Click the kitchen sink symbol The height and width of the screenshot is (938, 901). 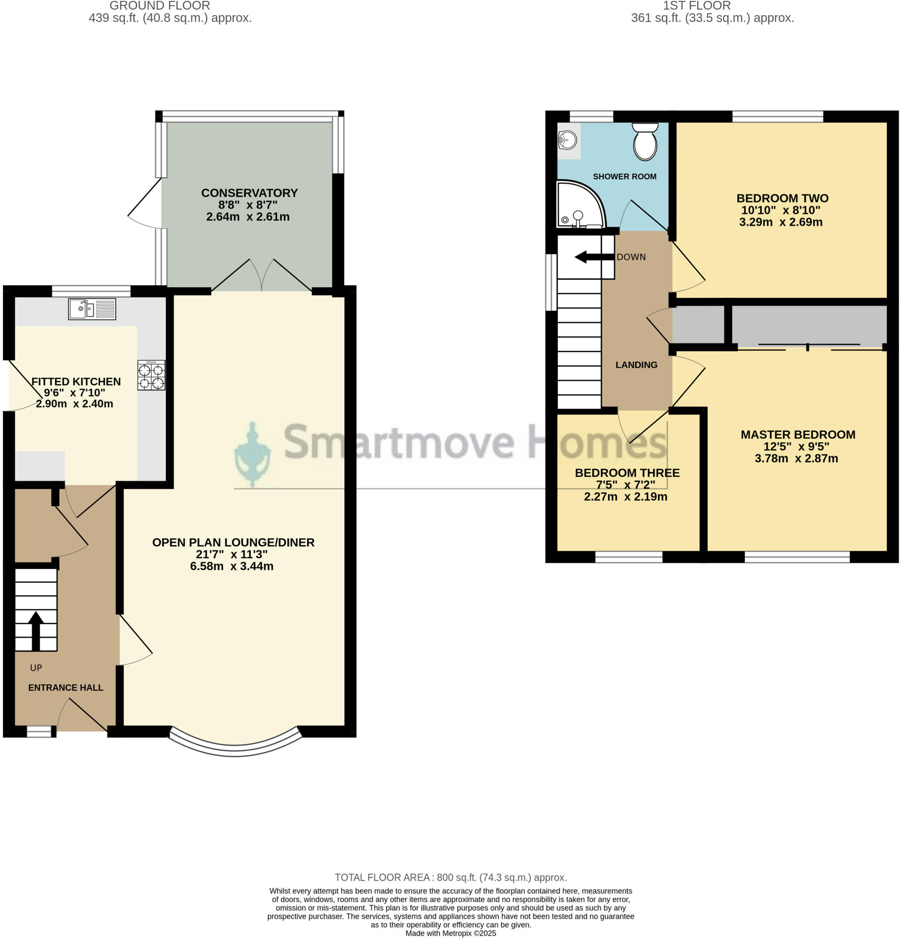point(92,309)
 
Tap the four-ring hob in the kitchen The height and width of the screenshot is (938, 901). point(151,375)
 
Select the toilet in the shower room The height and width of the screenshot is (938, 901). point(645,141)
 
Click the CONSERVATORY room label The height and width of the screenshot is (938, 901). point(249,193)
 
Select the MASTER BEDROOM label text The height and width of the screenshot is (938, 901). point(797,435)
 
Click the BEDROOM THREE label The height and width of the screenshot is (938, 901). point(626,473)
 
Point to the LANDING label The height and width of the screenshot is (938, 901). point(636,365)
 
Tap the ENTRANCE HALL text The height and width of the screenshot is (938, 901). point(66,687)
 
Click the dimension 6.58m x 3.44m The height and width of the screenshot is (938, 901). point(232,566)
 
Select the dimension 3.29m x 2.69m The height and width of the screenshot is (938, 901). point(780,222)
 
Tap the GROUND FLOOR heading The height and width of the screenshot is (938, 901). point(159,6)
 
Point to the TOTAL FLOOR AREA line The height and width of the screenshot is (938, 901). point(450,877)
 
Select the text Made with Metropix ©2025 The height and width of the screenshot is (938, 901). point(450,933)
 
